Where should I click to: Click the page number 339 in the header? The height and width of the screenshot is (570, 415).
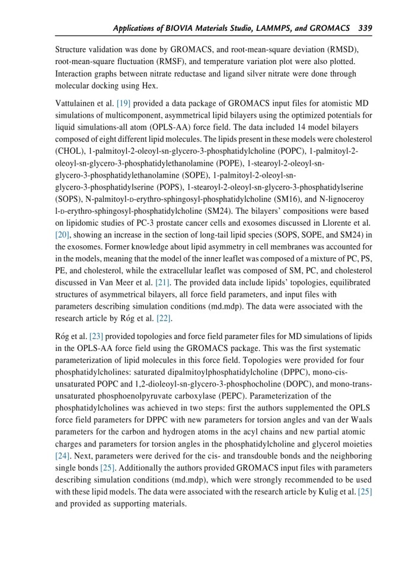pyautogui.click(x=365, y=28)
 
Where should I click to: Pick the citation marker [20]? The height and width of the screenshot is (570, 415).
pyautogui.click(x=62, y=235)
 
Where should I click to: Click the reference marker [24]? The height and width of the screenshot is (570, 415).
pyautogui.click(x=62, y=456)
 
